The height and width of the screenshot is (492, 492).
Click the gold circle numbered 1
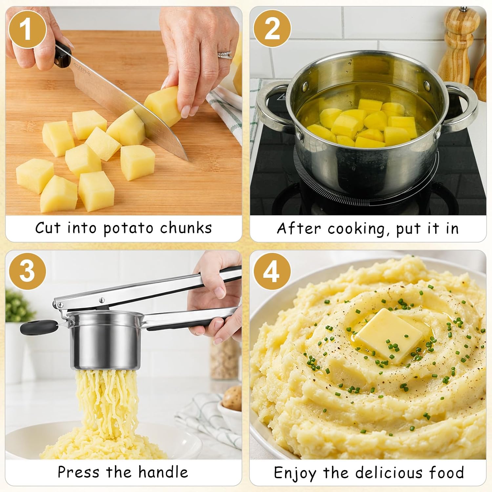point(27,30)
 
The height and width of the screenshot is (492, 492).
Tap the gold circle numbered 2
point(272,29)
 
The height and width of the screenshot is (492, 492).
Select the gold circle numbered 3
point(27,271)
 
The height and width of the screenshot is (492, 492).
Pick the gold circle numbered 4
point(272,271)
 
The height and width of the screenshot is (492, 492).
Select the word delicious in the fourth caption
point(389,473)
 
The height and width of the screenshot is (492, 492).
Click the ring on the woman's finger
point(225,55)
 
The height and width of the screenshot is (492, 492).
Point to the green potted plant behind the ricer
point(18,306)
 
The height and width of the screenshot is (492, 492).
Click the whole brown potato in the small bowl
point(232,398)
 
